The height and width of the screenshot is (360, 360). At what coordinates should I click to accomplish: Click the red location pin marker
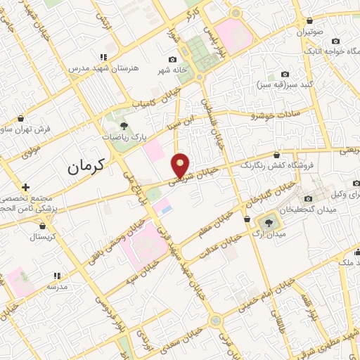tap(181, 165)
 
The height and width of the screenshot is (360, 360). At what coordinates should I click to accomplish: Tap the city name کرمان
tap(86, 167)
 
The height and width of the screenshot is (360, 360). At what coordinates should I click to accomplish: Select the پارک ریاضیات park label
tap(127, 137)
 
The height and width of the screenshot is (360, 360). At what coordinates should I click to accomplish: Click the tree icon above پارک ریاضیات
tap(124, 125)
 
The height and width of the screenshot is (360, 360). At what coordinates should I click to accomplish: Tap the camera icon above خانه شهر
tap(172, 60)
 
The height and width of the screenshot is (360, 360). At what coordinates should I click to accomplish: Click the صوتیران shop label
tap(309, 32)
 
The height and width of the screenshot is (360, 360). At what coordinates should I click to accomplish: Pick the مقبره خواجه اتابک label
tap(333, 51)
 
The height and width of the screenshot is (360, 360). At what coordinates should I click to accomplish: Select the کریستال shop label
tap(44, 237)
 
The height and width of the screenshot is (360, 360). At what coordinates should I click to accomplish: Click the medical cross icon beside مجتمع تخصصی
tap(25, 187)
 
